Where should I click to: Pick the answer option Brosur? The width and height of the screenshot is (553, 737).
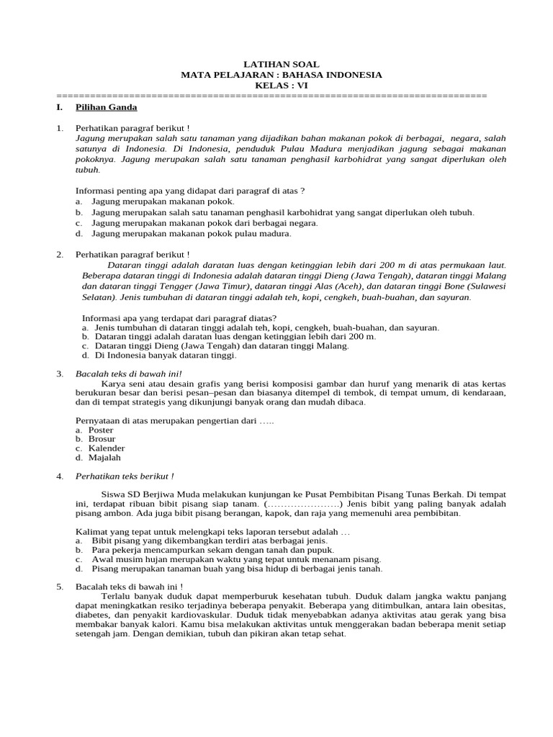[x=102, y=439]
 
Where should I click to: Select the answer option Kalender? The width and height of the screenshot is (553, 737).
[x=106, y=448]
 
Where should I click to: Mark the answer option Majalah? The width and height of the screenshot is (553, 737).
[x=104, y=457]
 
